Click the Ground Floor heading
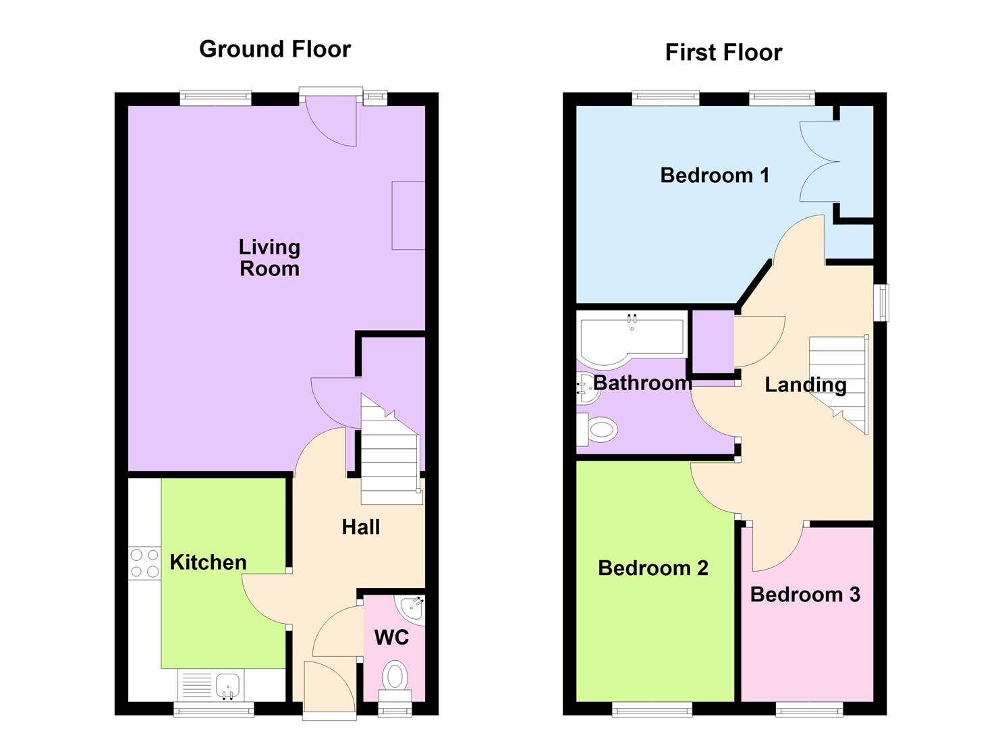pos(275,49)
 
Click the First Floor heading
pos(723,53)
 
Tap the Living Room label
pos(269,258)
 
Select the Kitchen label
pos(208,562)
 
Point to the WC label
pos(391,637)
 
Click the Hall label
pos(360,527)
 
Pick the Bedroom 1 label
pos(715,175)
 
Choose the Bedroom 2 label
pos(653,568)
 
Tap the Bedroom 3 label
pos(805,595)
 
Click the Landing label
pos(805,385)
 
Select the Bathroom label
pos(642,383)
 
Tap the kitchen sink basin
pos(229,685)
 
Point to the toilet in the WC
pos(395,677)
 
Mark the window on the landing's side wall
pos(881,302)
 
